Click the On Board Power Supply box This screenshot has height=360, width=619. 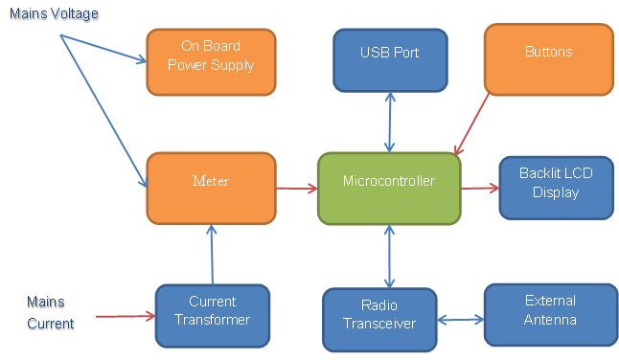pos(211,62)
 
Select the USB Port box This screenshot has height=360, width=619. pos(390,60)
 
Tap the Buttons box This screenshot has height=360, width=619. pos(549,59)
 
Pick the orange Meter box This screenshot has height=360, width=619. pos(211,188)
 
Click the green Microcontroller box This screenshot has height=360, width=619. pos(389,189)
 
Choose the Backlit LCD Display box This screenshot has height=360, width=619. pos(556,188)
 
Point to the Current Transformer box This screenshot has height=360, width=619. pos(213,316)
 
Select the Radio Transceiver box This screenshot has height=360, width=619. pos(379,320)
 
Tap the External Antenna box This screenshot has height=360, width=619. pos(551,315)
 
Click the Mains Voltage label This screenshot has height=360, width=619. pos(54,13)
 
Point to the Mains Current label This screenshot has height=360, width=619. pos(51,313)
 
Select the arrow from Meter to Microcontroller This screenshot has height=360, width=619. pos(297,189)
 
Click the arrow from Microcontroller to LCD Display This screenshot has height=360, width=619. pos(480,188)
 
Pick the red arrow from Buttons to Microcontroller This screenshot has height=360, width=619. pos(471,124)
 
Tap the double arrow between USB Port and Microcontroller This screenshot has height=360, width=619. pos(390,123)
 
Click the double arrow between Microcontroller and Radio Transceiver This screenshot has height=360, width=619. pos(389,257)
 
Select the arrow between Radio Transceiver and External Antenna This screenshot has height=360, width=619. pos(461,320)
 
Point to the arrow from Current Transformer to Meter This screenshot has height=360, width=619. pos(212,255)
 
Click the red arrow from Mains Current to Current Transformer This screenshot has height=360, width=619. pos(126,316)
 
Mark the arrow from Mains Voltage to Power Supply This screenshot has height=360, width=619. pos(103,49)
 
